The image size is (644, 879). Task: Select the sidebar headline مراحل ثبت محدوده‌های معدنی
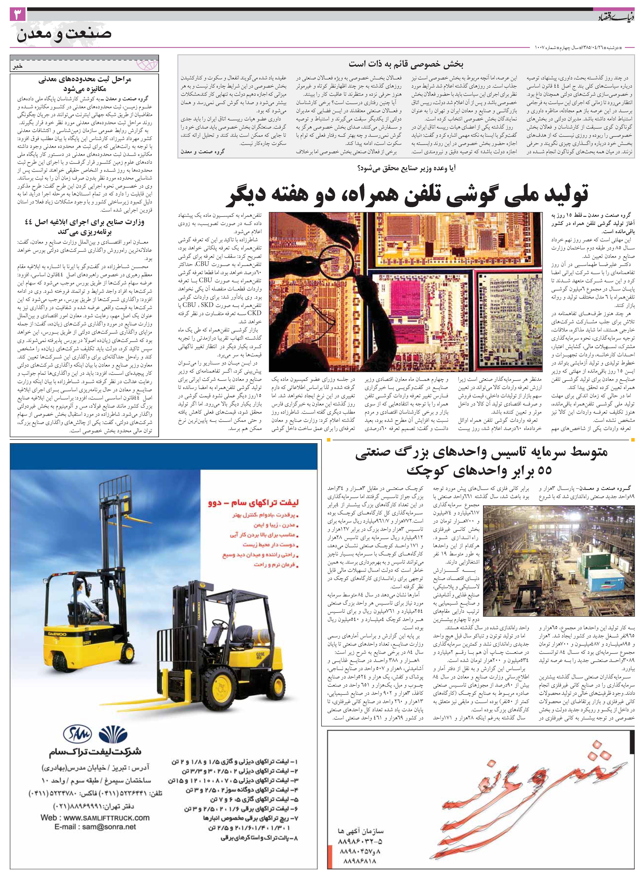click(x=85, y=80)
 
